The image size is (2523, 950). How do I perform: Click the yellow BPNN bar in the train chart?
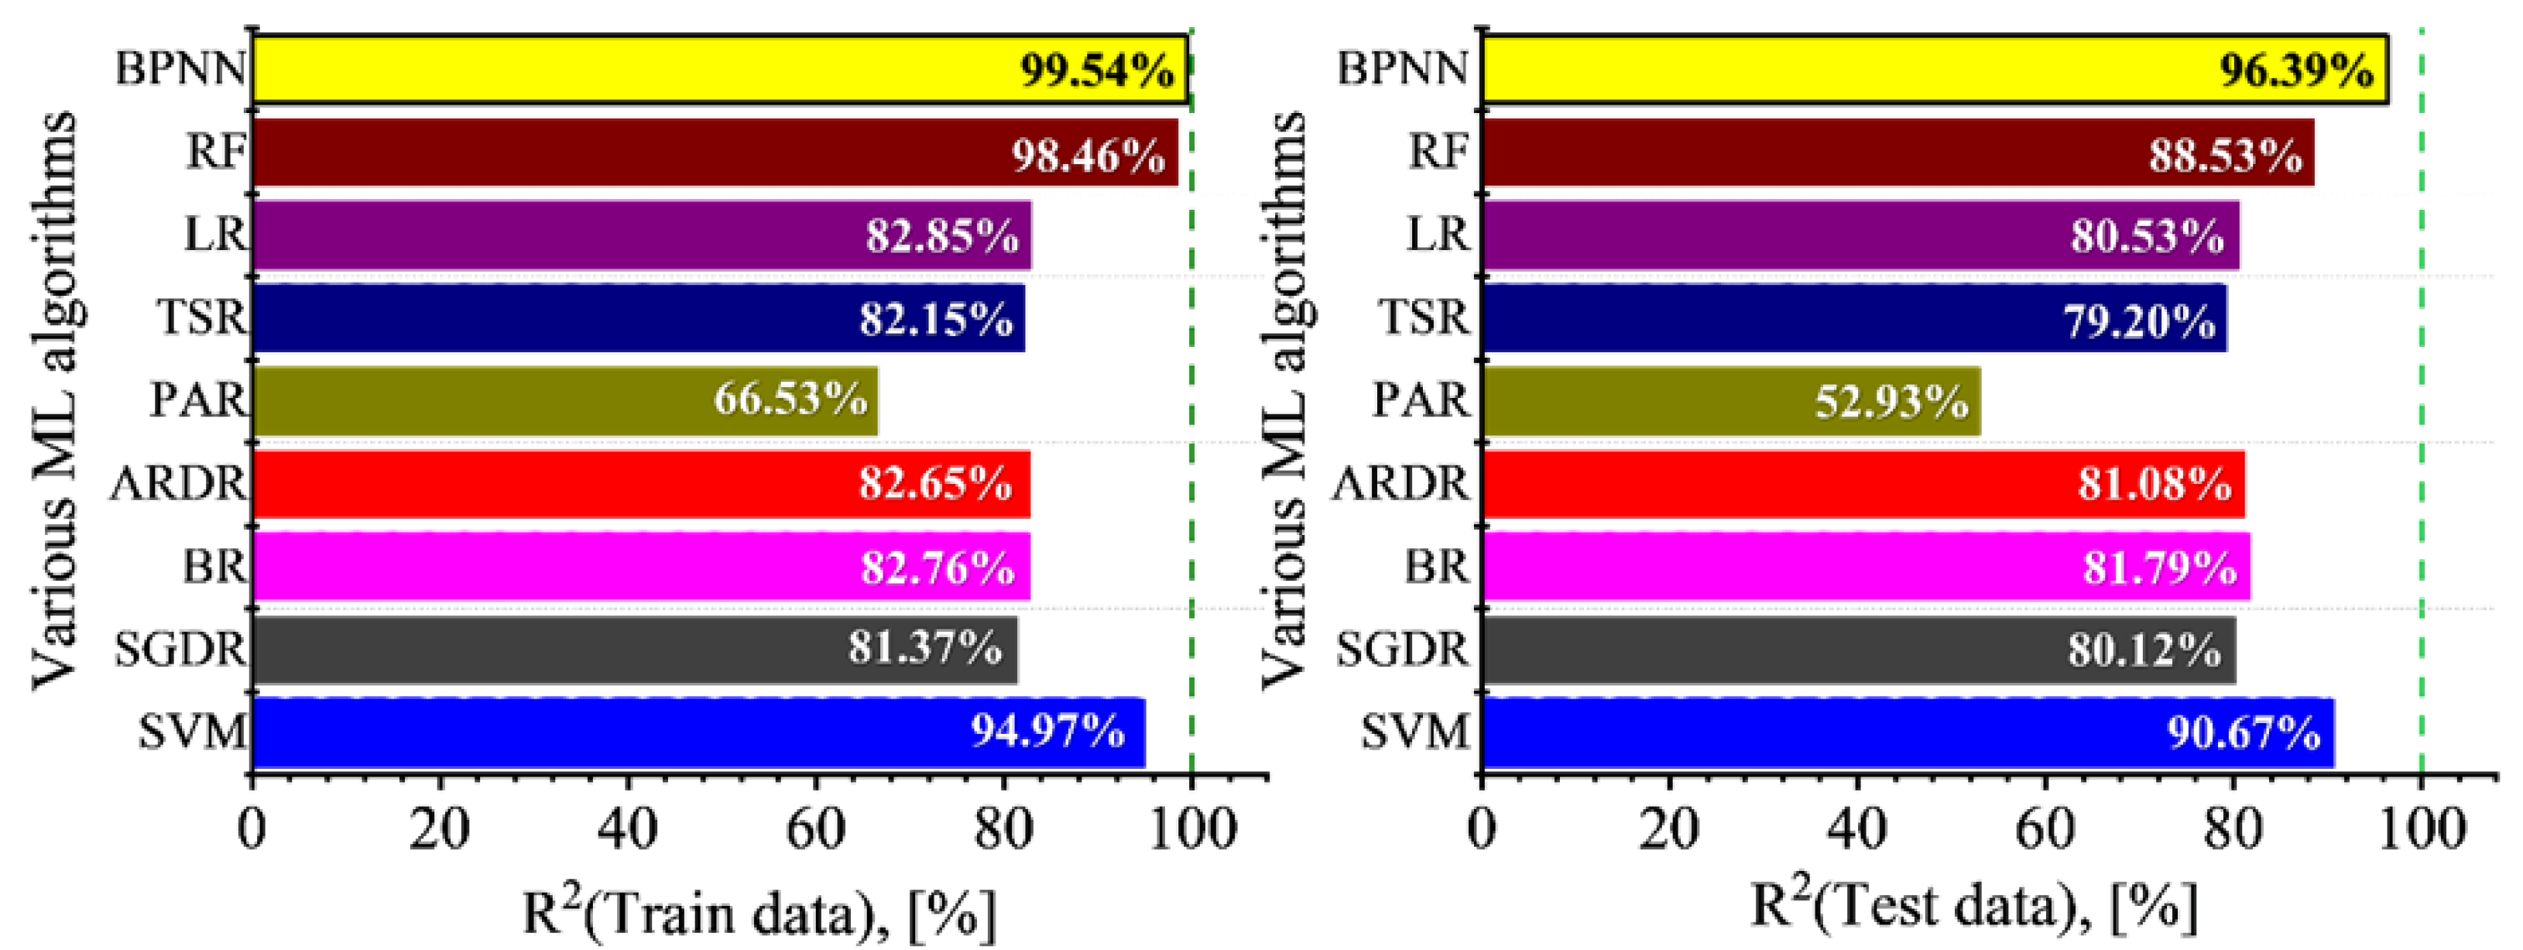pyautogui.click(x=627, y=69)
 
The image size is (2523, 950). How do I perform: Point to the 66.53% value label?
pyautogui.click(x=790, y=400)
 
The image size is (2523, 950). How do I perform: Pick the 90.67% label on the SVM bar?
pyautogui.click(x=2243, y=732)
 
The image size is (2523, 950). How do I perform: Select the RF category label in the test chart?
pyautogui.click(x=1438, y=152)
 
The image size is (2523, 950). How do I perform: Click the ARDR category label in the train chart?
pyautogui.click(x=178, y=483)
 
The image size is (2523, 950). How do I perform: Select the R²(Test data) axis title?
pyautogui.click(x=1973, y=906)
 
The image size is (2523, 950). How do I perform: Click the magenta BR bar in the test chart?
pyautogui.click(x=1763, y=566)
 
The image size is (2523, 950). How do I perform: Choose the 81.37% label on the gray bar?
pyautogui.click(x=924, y=648)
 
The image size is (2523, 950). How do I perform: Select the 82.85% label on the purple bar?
pyautogui.click(x=941, y=236)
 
